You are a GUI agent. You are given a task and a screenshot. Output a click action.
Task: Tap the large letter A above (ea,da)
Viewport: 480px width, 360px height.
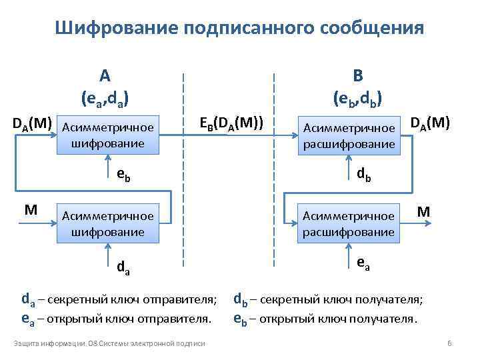(105, 74)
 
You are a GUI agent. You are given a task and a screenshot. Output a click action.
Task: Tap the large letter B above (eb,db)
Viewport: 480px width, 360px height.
(357, 74)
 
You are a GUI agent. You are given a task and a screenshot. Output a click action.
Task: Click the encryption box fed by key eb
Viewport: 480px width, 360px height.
(108, 135)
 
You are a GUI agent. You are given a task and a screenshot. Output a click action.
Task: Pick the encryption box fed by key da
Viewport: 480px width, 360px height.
(108, 223)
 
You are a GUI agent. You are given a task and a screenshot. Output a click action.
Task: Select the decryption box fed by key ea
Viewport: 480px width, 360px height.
(349, 223)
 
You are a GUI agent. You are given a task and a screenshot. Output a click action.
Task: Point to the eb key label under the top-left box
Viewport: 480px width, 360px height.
(123, 175)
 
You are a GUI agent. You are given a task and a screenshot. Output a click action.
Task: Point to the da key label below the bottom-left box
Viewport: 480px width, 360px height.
(123, 268)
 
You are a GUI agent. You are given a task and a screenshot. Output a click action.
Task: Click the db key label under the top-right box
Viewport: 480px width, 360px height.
(364, 175)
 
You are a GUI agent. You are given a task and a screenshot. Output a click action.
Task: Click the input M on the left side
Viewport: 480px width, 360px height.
(31, 211)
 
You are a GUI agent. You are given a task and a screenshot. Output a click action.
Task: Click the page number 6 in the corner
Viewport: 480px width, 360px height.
(449, 343)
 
